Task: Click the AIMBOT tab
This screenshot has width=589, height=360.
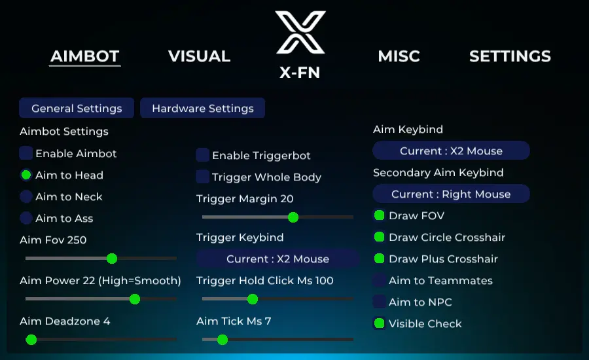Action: point(85,56)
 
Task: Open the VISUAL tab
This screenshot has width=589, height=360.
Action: point(199,56)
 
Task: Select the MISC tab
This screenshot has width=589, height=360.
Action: point(399,56)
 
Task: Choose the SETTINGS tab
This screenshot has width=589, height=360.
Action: point(510,56)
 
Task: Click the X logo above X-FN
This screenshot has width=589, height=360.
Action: point(300,32)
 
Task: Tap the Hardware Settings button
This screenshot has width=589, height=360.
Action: point(202,108)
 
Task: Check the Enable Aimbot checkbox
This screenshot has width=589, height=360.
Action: point(26,153)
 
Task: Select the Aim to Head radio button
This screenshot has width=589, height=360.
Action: point(26,175)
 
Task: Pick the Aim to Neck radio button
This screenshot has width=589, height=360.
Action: point(26,196)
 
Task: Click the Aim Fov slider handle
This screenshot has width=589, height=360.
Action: point(112,259)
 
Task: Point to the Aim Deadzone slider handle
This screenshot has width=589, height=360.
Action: point(31,339)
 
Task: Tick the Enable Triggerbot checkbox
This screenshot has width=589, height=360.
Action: point(203,155)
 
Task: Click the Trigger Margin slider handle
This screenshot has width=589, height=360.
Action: point(293,217)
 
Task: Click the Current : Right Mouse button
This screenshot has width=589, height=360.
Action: point(451,194)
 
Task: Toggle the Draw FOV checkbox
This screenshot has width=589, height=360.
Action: point(379,215)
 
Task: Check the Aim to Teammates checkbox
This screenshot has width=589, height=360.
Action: point(379,280)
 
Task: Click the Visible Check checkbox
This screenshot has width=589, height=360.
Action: point(379,323)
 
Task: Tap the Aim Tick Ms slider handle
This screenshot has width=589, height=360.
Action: point(223,339)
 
